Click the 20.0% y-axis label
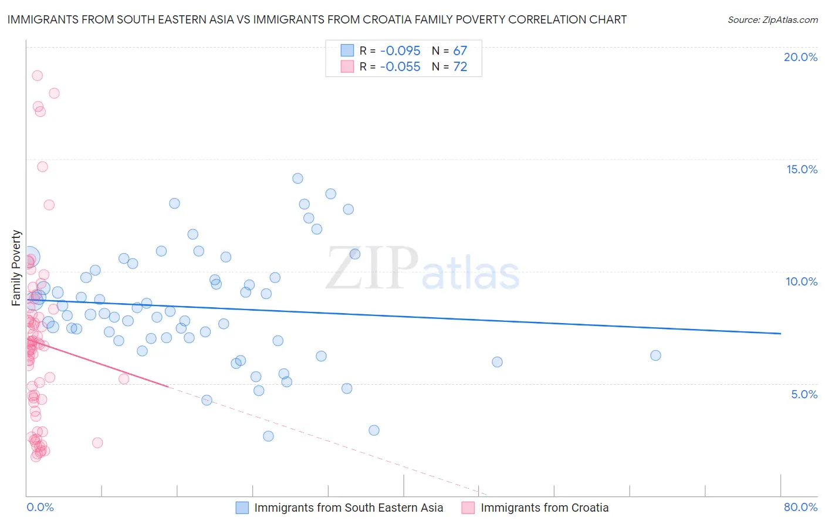click(800, 57)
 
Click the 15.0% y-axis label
click(802, 169)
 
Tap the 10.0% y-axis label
click(802, 281)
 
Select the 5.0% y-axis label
click(804, 394)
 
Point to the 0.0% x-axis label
click(40, 507)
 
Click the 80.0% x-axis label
click(800, 507)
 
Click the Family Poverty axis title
click(16, 268)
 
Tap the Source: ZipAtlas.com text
click(772, 19)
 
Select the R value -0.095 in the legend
click(400, 51)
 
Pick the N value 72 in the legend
click(460, 67)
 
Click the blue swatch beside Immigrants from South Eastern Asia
click(242, 508)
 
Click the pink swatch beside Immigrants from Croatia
click(468, 508)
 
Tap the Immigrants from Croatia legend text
click(545, 508)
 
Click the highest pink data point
click(37, 75)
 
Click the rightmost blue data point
click(655, 355)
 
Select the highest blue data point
click(297, 179)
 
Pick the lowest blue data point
click(268, 436)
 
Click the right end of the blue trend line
click(780, 333)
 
